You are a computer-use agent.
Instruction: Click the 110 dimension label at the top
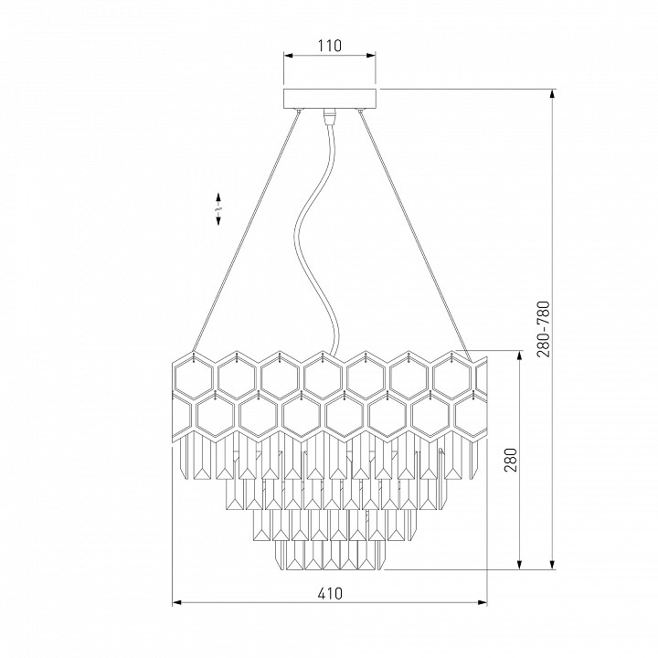(329, 46)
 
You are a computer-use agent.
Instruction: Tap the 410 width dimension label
(330, 593)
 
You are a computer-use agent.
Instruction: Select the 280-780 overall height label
(543, 329)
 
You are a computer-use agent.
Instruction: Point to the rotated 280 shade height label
(510, 460)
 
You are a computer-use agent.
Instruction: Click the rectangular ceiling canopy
(330, 99)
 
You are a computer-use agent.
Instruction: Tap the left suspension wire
(246, 230)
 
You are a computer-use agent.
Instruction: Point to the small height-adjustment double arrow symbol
(218, 209)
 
